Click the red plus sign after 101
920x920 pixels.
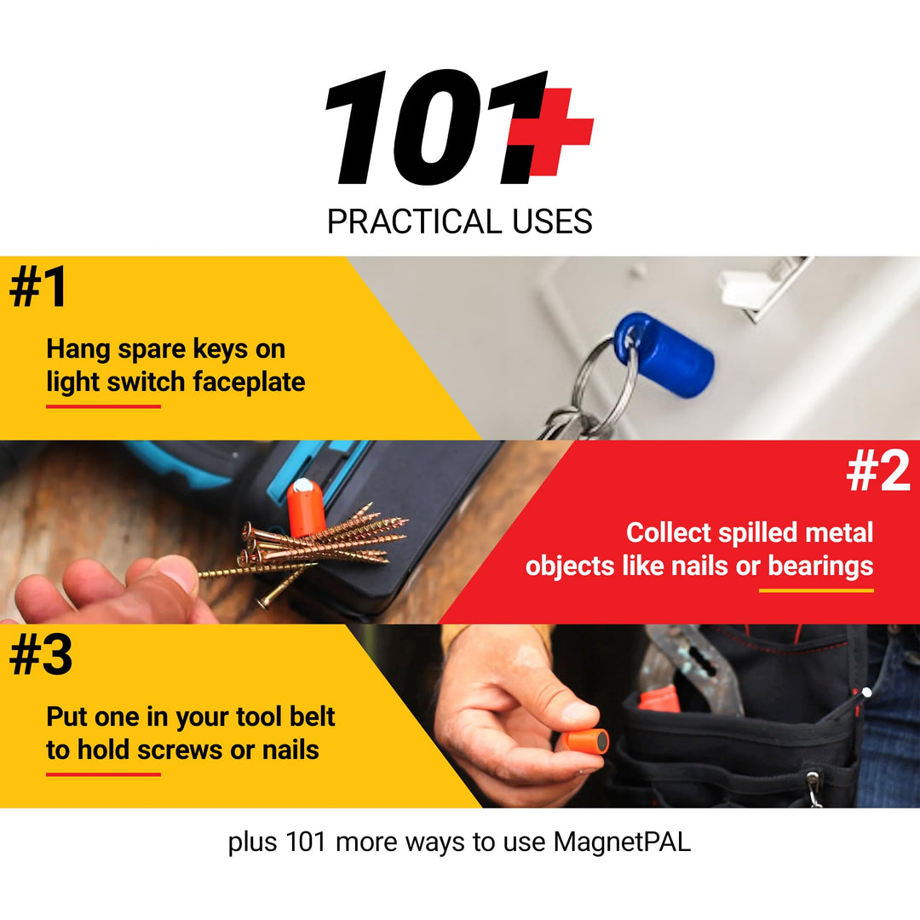[560, 133]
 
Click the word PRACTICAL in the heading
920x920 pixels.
[407, 221]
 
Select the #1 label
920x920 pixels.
[38, 287]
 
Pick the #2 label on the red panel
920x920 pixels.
[877, 471]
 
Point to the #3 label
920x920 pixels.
[40, 655]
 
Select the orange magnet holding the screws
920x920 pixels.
[304, 508]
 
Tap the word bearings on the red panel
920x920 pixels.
[820, 566]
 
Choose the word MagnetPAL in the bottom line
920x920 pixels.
[622, 842]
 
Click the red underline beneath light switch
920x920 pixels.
[103, 406]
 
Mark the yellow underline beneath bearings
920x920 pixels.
[816, 589]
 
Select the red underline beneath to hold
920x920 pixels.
[103, 774]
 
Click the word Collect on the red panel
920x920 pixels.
[669, 532]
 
